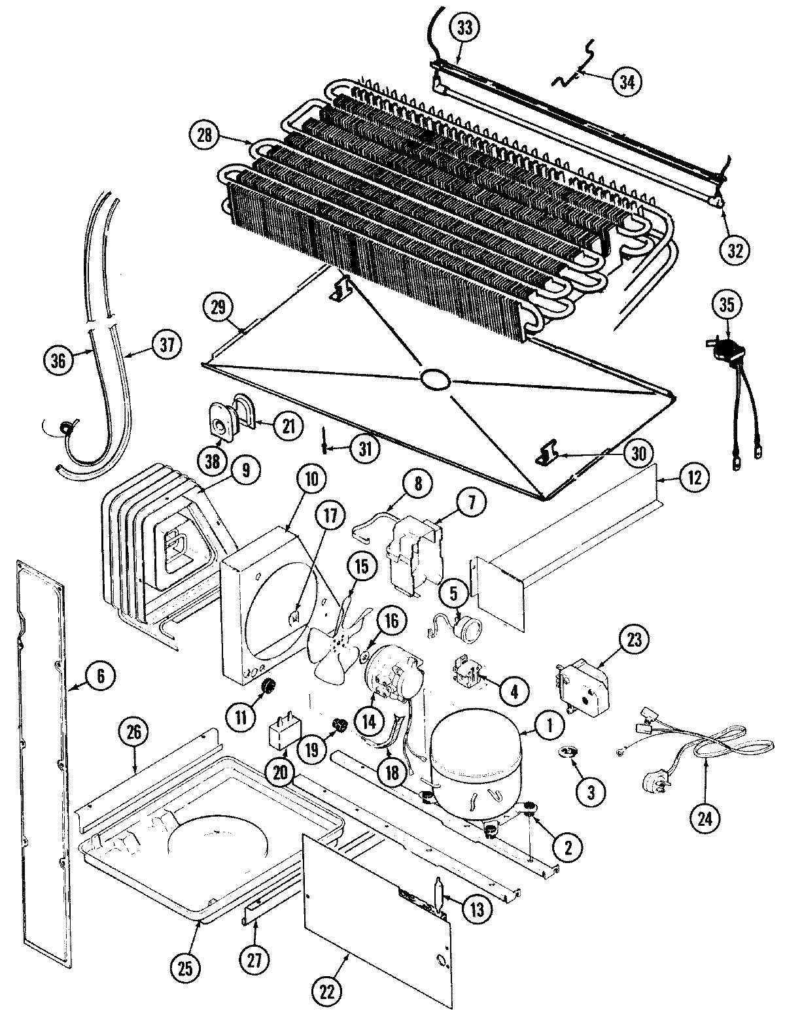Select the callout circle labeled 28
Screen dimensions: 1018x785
click(x=203, y=136)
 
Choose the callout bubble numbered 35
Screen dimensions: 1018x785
click(x=727, y=304)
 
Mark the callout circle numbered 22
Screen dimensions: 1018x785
click(x=327, y=993)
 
